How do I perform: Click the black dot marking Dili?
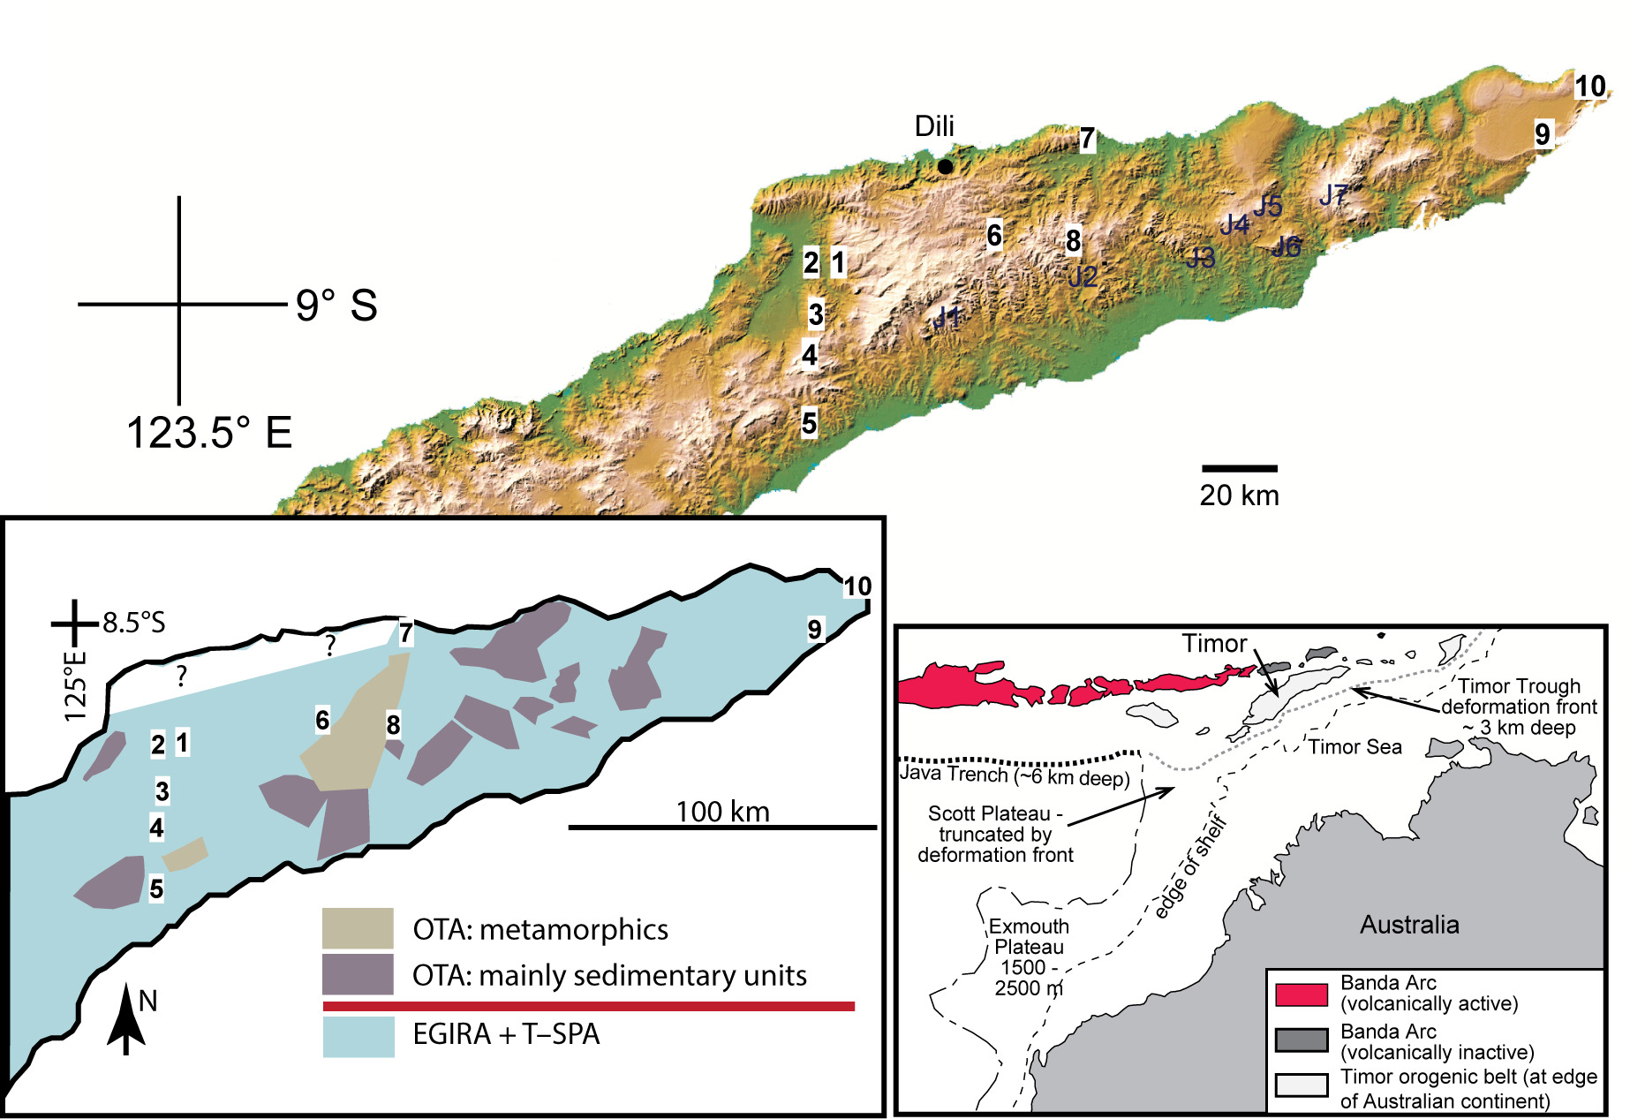(945, 166)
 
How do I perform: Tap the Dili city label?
(934, 126)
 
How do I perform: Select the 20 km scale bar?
(1239, 468)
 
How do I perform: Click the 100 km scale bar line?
(722, 828)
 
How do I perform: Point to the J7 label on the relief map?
(1333, 195)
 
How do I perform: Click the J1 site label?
(947, 317)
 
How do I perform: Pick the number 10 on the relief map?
(1590, 87)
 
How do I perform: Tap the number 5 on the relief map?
(809, 423)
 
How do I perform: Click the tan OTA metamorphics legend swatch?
(358, 928)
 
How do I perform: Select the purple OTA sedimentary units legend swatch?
(358, 974)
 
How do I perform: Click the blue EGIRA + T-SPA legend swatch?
(358, 1037)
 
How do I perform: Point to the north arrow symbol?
(126, 1020)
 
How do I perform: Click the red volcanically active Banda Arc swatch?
(1301, 994)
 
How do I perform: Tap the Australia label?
(1409, 925)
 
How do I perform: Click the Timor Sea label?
(1355, 747)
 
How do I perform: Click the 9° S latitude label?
(336, 306)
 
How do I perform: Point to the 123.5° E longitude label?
(209, 433)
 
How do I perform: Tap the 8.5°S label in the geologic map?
(133, 623)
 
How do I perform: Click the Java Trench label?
(1015, 775)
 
